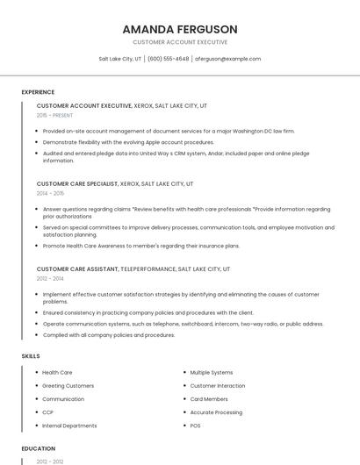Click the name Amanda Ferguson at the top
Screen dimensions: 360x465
(179, 29)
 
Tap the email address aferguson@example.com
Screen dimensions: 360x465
(227, 59)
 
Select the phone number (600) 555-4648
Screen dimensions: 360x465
(168, 59)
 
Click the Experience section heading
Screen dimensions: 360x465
(38, 92)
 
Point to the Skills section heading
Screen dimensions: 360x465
(31, 356)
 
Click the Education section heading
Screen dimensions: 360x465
(38, 448)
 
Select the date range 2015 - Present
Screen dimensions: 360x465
(54, 115)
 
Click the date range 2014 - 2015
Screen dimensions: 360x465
(50, 193)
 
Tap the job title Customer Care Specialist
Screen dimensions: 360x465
(77, 184)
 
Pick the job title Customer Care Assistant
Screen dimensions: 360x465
(76, 269)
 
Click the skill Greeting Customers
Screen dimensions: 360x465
(68, 386)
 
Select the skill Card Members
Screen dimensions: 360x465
(209, 399)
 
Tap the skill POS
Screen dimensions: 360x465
(195, 426)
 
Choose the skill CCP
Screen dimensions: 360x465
(48, 412)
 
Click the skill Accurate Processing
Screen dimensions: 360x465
(216, 412)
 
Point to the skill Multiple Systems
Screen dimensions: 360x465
(212, 373)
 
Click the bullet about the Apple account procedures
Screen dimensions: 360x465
(128, 142)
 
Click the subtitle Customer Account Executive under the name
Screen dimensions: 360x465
(179, 42)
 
